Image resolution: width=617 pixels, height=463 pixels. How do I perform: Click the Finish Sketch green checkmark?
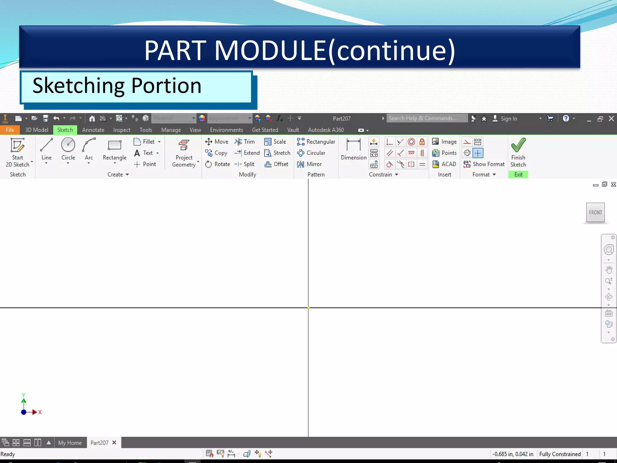click(x=518, y=145)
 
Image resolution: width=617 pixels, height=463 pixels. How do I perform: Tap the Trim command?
click(x=245, y=142)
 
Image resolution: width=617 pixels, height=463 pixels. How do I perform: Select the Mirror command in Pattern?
click(x=310, y=164)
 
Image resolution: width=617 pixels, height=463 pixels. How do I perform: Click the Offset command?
click(x=277, y=164)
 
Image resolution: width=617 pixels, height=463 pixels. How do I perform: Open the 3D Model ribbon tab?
click(x=36, y=130)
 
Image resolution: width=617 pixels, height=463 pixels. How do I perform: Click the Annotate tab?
click(x=93, y=130)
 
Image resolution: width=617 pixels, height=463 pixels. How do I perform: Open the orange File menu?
click(x=10, y=130)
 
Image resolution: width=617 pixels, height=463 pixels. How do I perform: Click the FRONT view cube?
click(x=595, y=213)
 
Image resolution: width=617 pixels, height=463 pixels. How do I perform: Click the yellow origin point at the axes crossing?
click(x=308, y=308)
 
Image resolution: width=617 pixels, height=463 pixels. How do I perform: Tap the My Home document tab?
click(x=70, y=443)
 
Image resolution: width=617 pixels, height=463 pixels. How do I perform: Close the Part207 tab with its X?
click(x=114, y=443)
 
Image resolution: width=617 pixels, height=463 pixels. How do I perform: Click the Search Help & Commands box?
click(x=426, y=118)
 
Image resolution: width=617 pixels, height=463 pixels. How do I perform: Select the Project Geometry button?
click(x=184, y=153)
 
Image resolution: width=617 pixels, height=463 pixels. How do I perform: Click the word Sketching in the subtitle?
click(x=78, y=86)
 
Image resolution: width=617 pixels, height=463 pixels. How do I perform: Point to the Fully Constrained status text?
click(x=560, y=454)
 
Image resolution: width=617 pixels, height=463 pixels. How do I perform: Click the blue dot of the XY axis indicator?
click(x=23, y=412)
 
